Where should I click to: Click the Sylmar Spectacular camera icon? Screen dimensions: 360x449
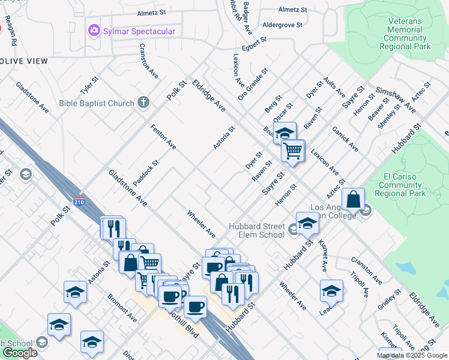click(x=93, y=31)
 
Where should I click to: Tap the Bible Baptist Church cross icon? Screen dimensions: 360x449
click(x=143, y=103)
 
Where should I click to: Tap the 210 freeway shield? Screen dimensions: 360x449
click(x=78, y=202)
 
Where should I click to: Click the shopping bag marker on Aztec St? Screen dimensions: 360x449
click(x=354, y=199)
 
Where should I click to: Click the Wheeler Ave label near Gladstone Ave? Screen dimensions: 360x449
click(x=200, y=222)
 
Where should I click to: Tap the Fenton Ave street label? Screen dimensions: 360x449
click(x=163, y=137)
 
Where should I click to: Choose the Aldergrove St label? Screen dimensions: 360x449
click(x=285, y=25)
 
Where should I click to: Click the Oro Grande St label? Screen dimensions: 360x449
click(x=252, y=84)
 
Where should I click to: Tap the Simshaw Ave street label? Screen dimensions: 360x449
click(x=396, y=99)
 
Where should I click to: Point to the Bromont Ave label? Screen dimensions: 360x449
click(x=122, y=307)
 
